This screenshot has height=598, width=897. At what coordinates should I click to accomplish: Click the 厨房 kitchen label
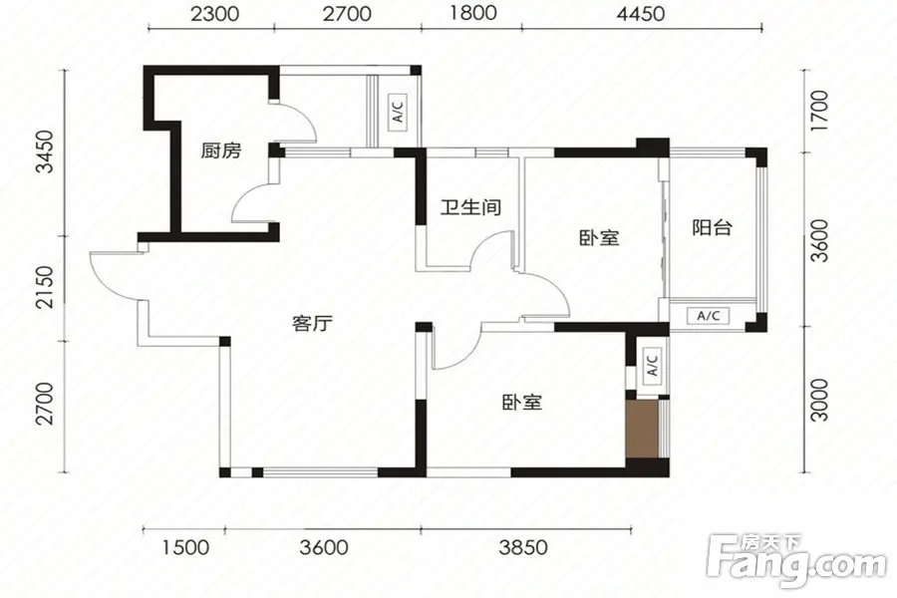[221, 151]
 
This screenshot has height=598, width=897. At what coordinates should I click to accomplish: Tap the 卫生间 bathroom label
[470, 206]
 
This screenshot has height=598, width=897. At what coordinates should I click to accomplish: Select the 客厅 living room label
[312, 324]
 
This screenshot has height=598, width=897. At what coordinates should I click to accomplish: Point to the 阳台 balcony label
[713, 228]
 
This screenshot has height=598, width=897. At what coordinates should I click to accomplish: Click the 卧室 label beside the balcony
[599, 237]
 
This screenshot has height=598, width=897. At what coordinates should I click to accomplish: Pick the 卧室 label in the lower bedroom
[521, 403]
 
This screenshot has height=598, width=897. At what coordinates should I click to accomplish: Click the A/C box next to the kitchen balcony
[399, 113]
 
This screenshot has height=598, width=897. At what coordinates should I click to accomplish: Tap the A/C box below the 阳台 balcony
[709, 315]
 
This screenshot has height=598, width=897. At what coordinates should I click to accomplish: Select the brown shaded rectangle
[644, 430]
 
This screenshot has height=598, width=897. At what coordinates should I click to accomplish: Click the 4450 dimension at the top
[641, 14]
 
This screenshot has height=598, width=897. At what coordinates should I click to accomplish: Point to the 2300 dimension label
[214, 14]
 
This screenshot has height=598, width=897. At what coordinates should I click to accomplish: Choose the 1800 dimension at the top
[472, 13]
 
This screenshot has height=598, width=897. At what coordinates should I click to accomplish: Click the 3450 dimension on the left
[44, 151]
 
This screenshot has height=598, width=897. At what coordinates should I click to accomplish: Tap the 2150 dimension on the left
[44, 287]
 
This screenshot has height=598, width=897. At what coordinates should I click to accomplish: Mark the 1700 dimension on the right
[820, 111]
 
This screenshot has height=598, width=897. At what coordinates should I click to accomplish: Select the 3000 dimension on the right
[820, 400]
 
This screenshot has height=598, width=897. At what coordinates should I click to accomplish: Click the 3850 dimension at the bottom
[523, 547]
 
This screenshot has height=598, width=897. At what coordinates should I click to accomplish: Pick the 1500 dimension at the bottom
[185, 547]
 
